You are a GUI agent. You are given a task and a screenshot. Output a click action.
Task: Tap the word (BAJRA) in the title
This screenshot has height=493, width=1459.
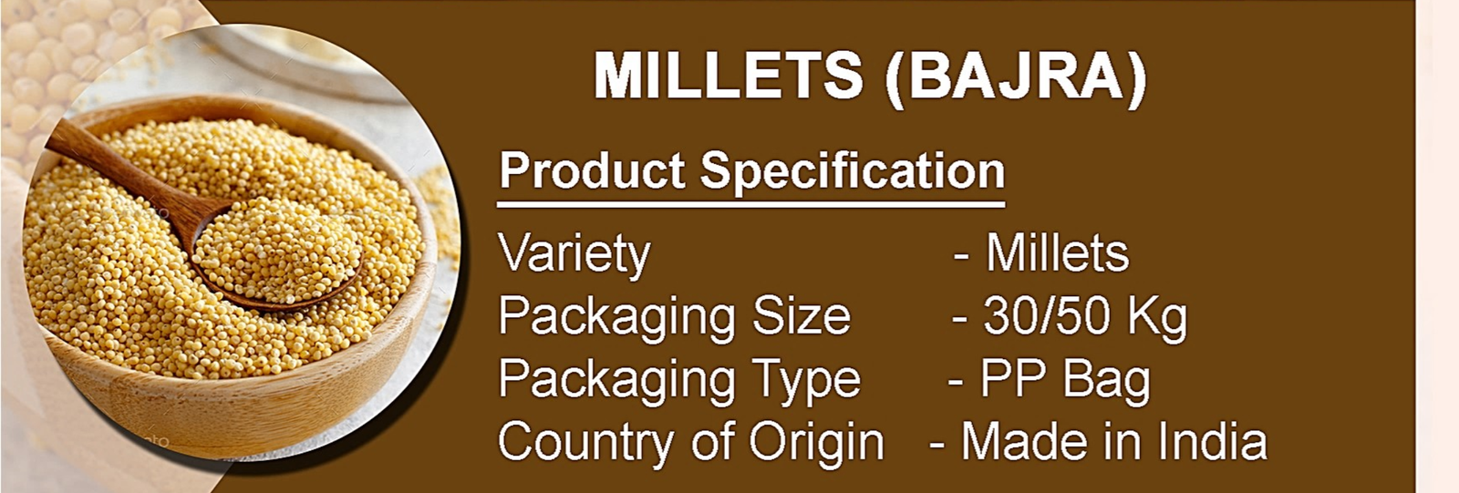pyautogui.click(x=1016, y=77)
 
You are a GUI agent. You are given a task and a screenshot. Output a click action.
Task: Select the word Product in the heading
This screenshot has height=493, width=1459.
pyautogui.click(x=592, y=170)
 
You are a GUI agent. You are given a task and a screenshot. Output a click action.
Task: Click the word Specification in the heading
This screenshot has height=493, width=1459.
pyautogui.click(x=853, y=171)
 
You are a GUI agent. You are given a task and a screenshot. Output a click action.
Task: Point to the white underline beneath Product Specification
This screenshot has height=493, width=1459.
pyautogui.click(x=751, y=205)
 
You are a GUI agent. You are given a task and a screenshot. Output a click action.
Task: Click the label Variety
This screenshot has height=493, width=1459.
pyautogui.click(x=574, y=254)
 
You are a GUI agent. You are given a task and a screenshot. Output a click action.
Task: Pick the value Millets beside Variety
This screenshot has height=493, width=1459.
pyautogui.click(x=1057, y=252)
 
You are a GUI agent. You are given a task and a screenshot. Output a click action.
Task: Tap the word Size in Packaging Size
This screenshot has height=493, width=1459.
pyautogui.click(x=802, y=316)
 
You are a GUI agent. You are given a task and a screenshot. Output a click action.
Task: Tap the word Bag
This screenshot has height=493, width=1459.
pyautogui.click(x=1106, y=380)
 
